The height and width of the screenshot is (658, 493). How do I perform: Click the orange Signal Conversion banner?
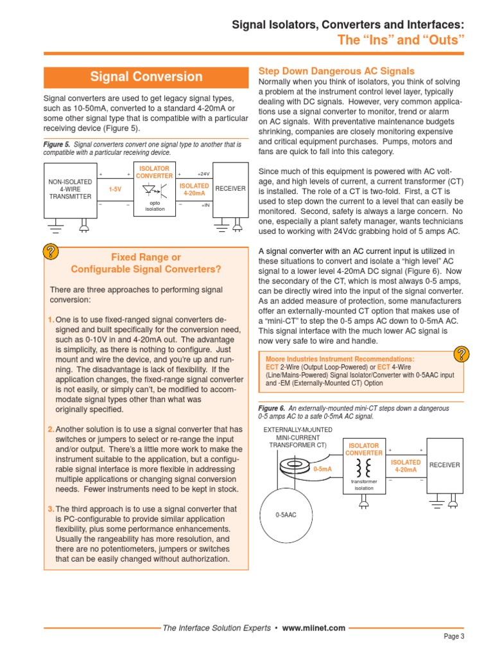point(146,77)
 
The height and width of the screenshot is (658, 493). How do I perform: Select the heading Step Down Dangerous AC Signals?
point(336,71)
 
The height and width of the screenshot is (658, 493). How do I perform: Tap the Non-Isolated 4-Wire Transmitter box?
point(70,189)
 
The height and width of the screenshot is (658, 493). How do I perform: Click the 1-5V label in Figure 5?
point(115,190)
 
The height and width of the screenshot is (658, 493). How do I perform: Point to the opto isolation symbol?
point(155,191)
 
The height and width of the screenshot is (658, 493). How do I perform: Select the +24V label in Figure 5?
point(203,174)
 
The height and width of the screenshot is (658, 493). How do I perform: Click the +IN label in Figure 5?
point(205,205)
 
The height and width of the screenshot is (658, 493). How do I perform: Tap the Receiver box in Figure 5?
point(230,189)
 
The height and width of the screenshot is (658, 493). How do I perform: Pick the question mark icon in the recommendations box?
point(461,353)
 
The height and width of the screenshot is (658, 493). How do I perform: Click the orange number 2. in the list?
point(51,429)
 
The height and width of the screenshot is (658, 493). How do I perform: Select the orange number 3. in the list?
point(51,509)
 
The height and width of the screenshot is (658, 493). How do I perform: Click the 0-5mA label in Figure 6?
point(322,469)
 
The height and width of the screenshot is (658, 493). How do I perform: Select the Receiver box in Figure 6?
point(444,465)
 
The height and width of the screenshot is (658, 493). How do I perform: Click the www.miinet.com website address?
point(313,628)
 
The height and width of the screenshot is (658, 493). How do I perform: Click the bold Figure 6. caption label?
point(271,409)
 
